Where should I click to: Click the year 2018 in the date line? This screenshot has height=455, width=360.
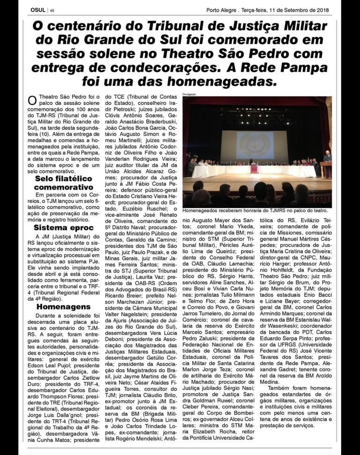322,10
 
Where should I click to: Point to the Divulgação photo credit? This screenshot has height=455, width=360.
189,95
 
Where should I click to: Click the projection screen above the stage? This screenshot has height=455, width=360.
255,145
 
